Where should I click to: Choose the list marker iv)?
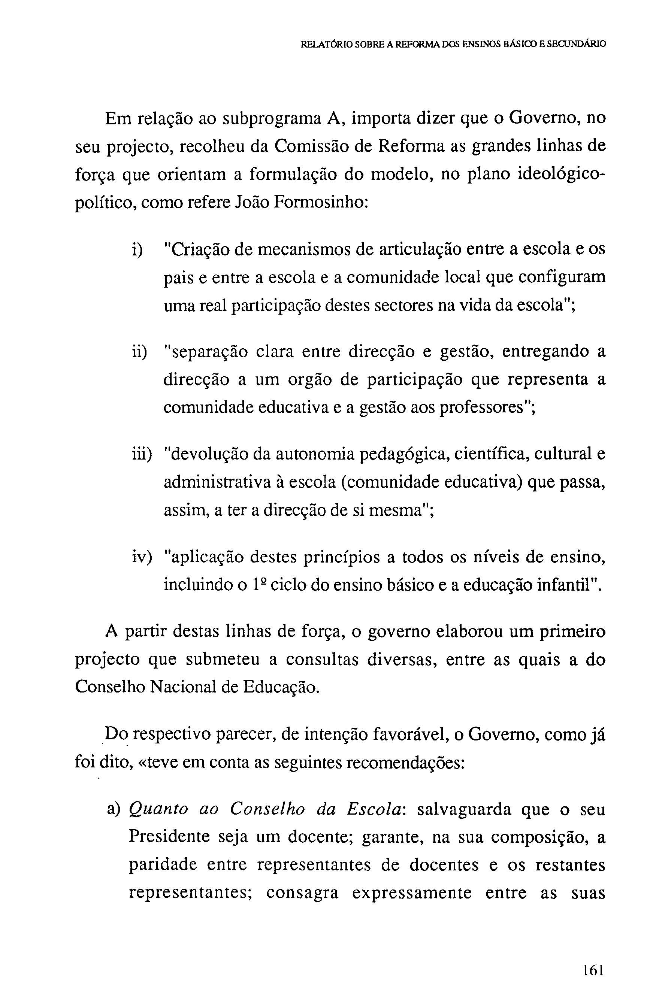click(x=141, y=558)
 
